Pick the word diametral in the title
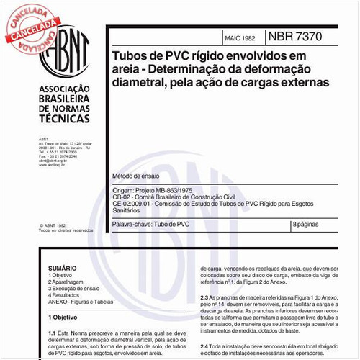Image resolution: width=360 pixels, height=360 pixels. [x=136, y=82]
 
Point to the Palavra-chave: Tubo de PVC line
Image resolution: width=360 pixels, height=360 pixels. [x=151, y=225]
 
